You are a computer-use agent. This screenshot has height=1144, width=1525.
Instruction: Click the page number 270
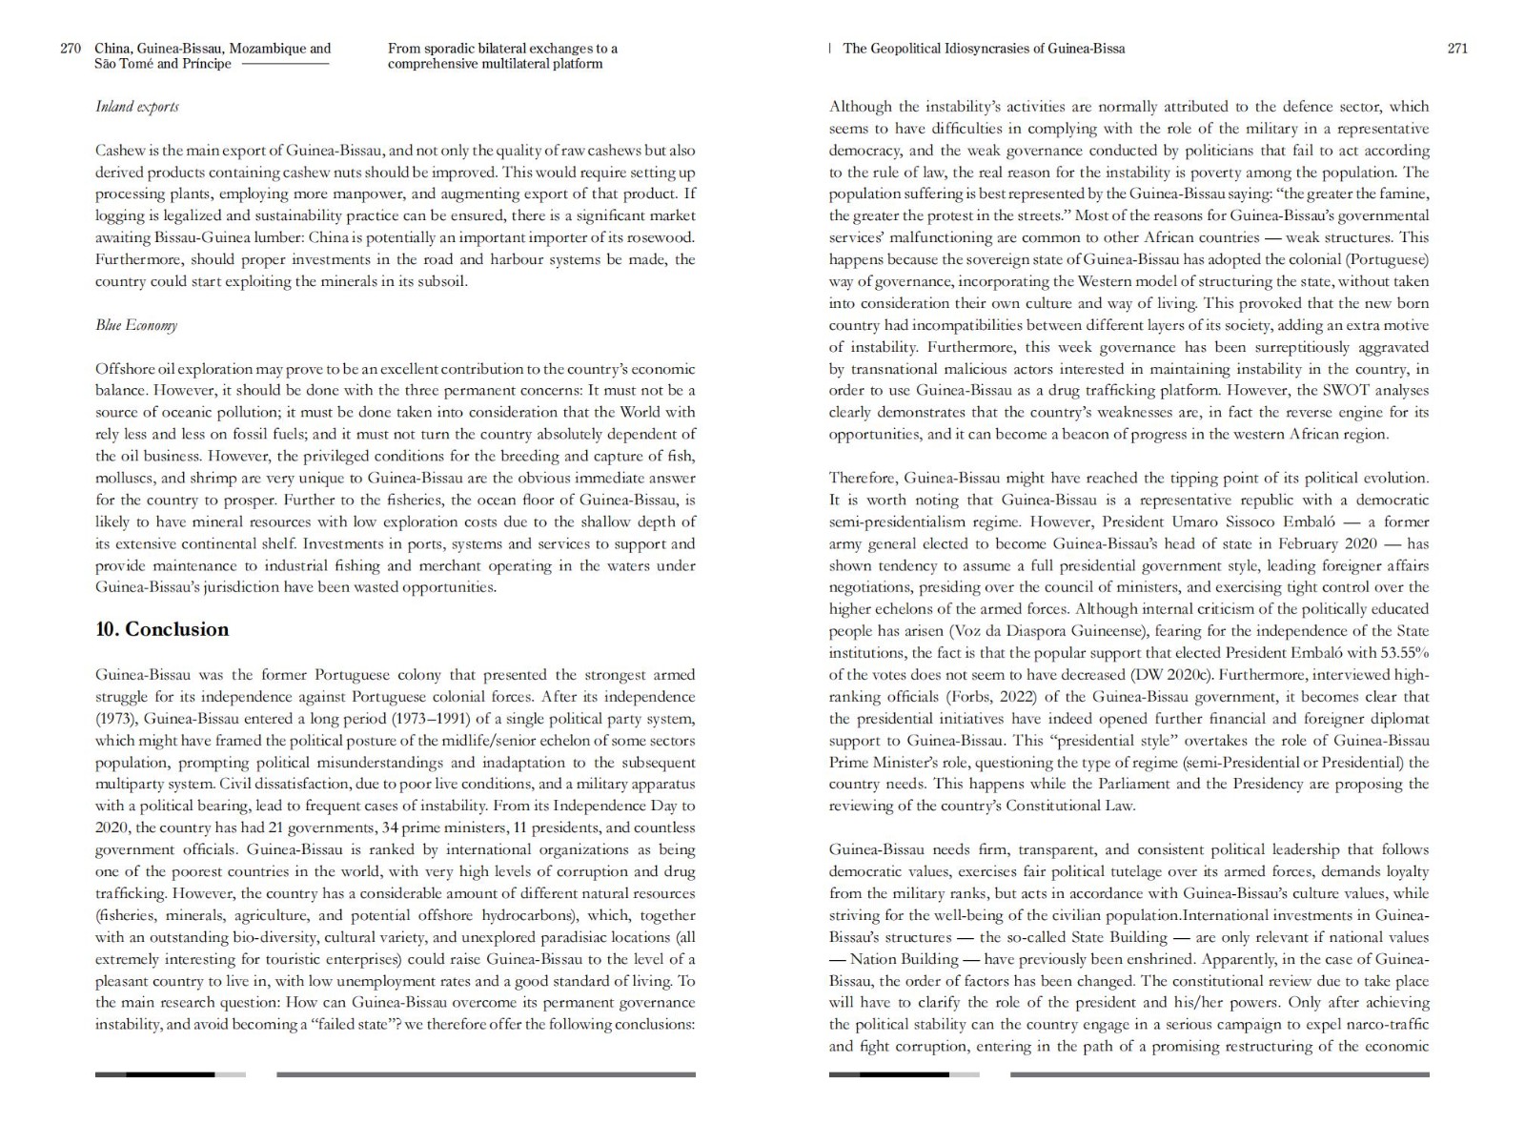(x=71, y=49)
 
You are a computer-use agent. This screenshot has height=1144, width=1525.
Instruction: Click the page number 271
(x=1457, y=49)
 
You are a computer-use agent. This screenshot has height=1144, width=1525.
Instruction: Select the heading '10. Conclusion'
(x=162, y=629)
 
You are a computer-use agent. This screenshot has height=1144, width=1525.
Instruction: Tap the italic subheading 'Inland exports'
(x=136, y=107)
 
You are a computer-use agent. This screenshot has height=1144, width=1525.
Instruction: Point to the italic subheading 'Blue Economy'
(x=136, y=325)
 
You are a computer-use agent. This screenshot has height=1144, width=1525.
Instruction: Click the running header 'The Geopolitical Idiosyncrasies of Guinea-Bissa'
(x=984, y=49)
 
